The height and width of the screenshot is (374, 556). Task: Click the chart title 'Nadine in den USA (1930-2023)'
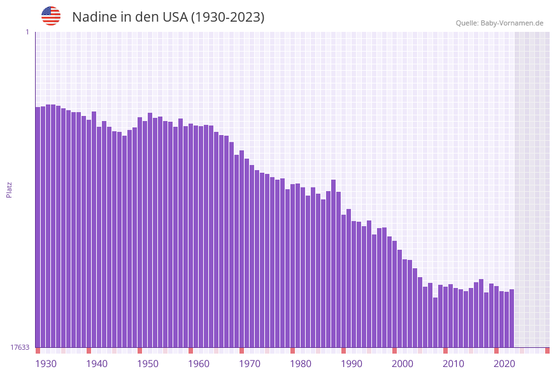pos(168,17)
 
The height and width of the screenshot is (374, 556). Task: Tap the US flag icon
pos(51,16)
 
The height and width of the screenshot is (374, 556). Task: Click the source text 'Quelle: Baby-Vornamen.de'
pos(499,23)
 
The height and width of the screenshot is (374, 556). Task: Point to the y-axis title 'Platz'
pos(9,189)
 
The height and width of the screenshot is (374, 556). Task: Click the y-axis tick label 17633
pos(20,347)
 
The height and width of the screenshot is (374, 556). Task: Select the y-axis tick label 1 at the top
pos(27,32)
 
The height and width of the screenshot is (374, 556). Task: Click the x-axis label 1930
pos(46,364)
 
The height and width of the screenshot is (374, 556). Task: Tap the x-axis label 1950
pos(148,364)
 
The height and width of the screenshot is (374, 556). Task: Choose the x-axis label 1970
pos(250,364)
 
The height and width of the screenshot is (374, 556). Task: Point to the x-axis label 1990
pos(352,364)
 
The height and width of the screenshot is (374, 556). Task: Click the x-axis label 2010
pos(453,364)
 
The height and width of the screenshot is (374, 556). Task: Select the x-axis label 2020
pos(504,364)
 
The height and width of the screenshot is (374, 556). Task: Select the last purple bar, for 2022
pos(511,318)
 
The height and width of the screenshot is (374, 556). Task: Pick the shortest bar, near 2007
pos(436,322)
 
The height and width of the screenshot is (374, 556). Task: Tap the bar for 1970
pos(242,248)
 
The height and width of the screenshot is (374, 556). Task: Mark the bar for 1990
pos(344,280)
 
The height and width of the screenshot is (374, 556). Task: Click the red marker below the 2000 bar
pos(395,350)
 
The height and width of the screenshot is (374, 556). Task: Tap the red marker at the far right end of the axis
pos(547,350)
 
